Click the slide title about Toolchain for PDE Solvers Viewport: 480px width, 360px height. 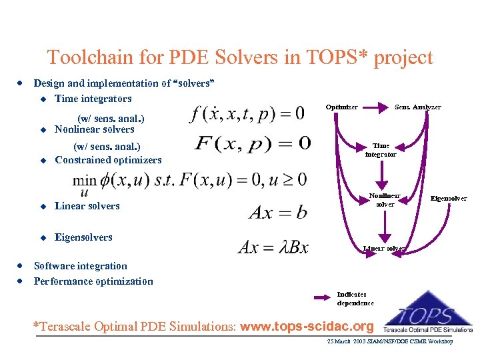click(x=240, y=57)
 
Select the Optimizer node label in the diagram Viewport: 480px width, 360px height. click(x=341, y=107)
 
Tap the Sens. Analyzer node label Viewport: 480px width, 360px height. click(x=417, y=107)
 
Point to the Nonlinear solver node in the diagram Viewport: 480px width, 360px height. click(x=385, y=200)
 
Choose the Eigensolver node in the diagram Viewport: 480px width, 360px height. click(x=449, y=198)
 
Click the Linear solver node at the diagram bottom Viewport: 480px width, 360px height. click(x=384, y=249)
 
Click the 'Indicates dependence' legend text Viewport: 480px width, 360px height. click(x=355, y=298)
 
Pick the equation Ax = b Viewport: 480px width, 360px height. click(x=278, y=212)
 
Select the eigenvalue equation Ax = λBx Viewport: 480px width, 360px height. click(x=273, y=247)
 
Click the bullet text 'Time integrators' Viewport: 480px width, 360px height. click(x=93, y=99)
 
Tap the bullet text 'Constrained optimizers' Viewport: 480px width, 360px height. click(x=108, y=160)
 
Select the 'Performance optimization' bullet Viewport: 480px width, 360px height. click(x=93, y=281)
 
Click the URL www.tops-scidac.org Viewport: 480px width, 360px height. click(x=307, y=327)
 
